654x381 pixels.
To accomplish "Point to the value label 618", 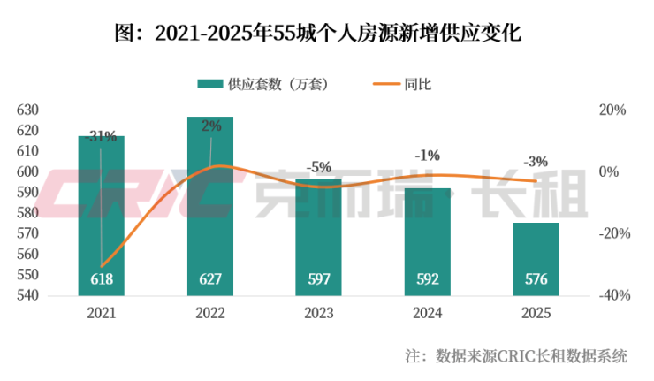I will point(101,279).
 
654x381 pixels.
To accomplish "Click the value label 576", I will point(536,279).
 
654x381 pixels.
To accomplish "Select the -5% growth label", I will point(318,166).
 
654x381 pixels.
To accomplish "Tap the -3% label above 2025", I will point(536,162).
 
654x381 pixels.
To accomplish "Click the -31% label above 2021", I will point(102,136).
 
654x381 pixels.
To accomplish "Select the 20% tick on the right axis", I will point(612,110).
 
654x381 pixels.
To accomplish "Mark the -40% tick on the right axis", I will point(613,295).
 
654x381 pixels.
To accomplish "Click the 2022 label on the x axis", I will point(209,314).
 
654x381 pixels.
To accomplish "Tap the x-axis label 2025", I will point(536,314).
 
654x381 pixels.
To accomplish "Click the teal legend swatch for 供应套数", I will point(209,85).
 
